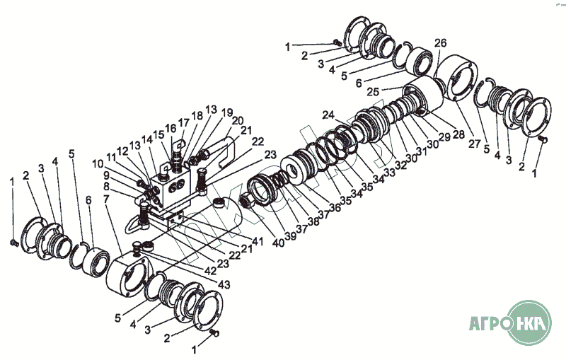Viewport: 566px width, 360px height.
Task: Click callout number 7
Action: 107,200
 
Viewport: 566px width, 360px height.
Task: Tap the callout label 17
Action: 183,122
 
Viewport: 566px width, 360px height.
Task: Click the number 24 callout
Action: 328,115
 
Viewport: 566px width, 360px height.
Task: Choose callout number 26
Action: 440,44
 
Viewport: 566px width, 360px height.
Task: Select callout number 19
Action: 226,112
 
